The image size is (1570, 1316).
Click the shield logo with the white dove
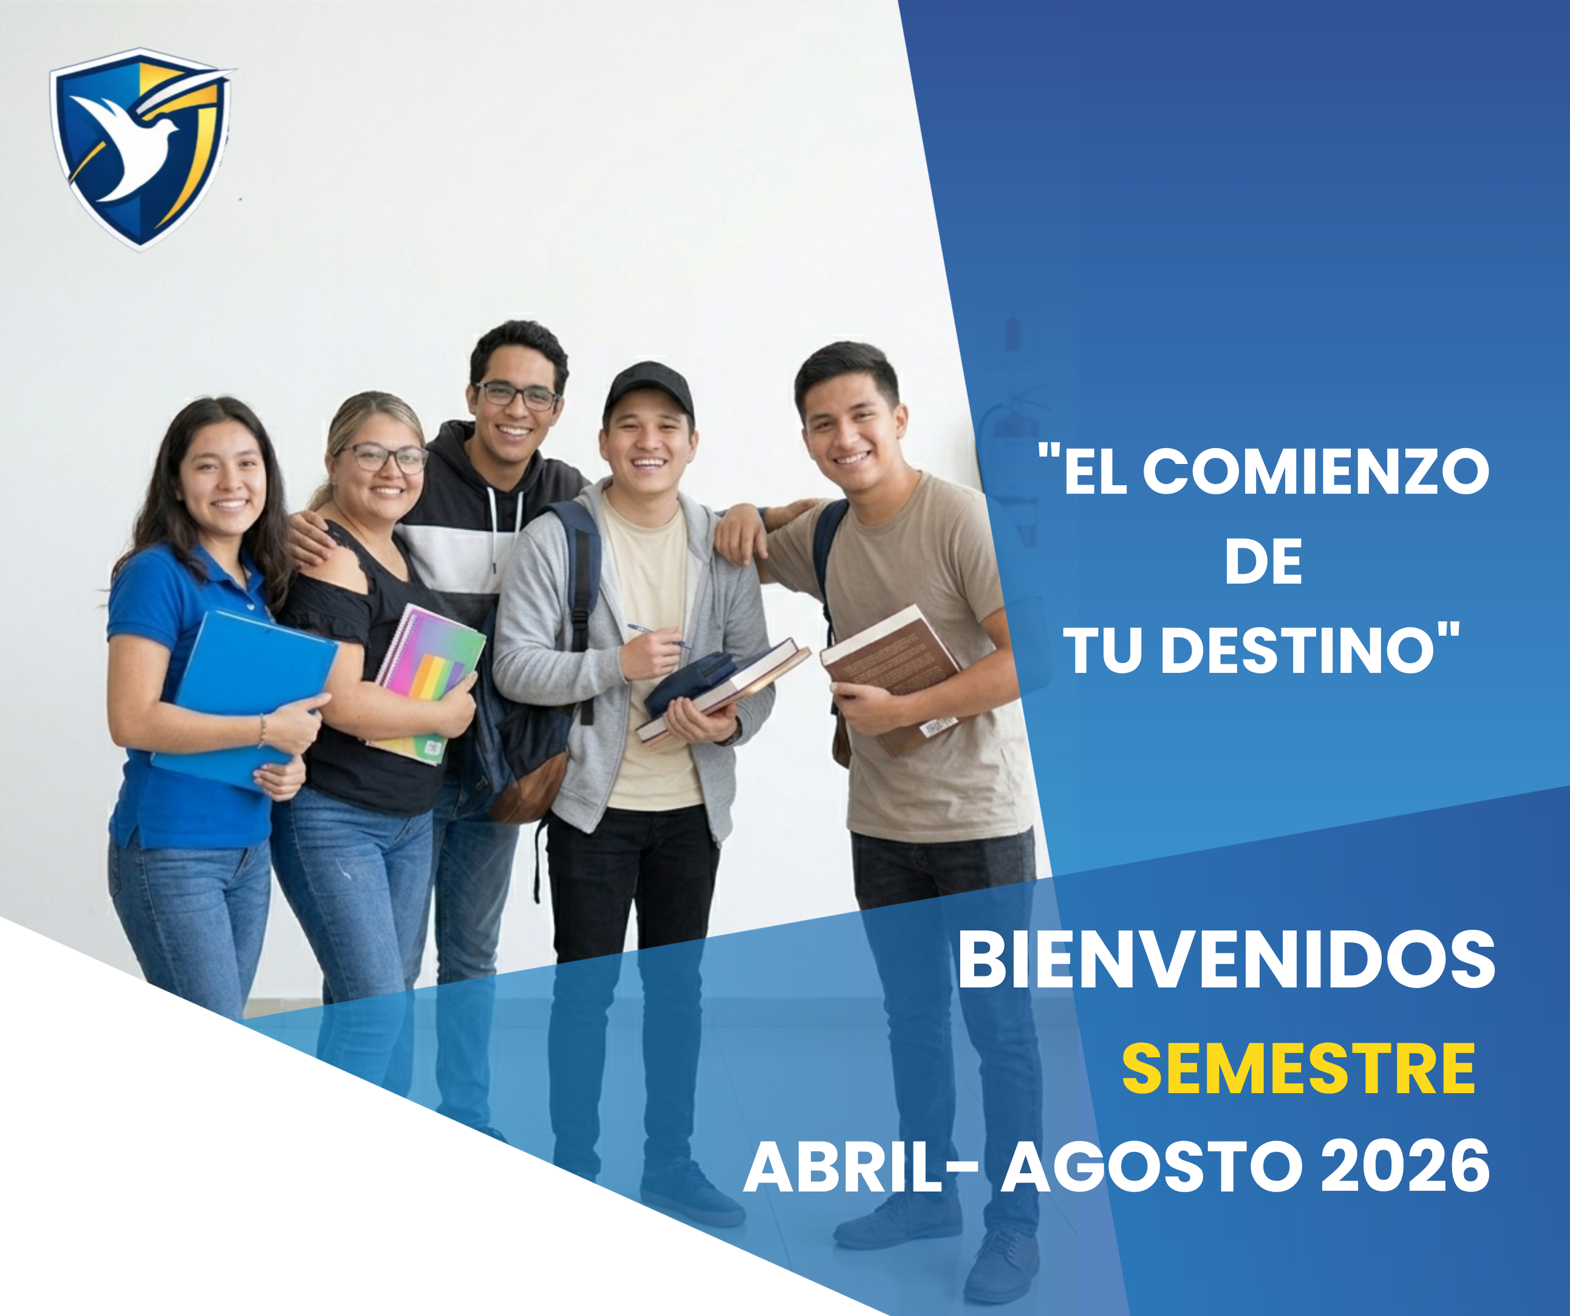point(140,148)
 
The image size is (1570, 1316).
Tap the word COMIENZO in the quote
point(1316,472)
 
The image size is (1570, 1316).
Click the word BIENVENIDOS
point(1226,960)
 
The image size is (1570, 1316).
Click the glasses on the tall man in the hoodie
point(517,395)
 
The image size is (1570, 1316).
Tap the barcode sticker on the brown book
point(938,724)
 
